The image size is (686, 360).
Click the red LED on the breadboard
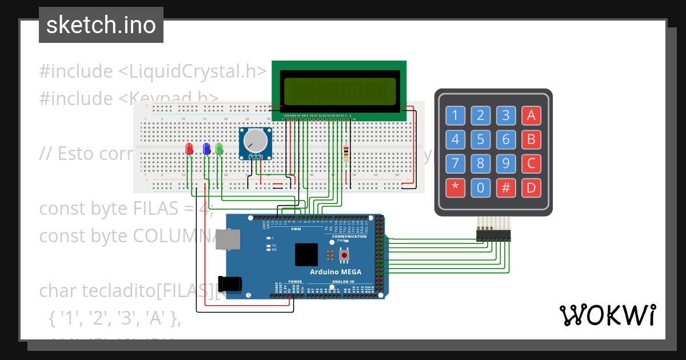(189, 149)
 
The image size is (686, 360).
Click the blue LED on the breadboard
(206, 149)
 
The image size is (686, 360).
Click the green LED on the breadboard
(219, 149)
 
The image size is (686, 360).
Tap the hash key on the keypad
(505, 187)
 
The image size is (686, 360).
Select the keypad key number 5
(480, 139)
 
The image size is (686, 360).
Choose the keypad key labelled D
(531, 187)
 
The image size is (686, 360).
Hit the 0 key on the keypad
(480, 187)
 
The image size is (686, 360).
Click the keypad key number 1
(455, 115)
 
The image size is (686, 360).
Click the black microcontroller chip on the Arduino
(306, 255)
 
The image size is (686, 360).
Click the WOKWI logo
(608, 315)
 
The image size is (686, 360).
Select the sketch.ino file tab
(101, 25)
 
